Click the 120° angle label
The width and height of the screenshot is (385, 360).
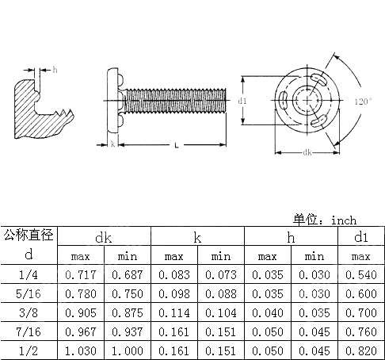pos(363,102)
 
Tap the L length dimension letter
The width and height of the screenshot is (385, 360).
pos(176,144)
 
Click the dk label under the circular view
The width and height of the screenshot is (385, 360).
pos(306,152)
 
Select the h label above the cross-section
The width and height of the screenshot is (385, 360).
pos(55,70)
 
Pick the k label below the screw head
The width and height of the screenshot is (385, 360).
pos(113,144)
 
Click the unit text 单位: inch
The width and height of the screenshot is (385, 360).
pos(325,220)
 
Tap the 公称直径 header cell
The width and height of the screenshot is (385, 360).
pos(29,235)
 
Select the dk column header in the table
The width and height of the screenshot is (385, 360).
pos(105,237)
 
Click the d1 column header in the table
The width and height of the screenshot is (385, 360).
pos(360,237)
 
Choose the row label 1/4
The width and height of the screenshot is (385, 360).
pos(29,274)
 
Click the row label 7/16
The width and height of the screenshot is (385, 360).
pos(29,331)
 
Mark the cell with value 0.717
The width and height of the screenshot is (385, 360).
pos(81,274)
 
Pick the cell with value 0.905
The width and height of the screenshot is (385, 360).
pos(81,312)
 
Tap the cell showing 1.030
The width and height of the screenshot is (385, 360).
pos(81,350)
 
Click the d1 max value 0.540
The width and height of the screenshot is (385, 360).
pos(360,274)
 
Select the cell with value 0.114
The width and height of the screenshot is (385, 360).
pos(174,312)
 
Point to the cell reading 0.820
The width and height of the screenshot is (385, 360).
pos(360,350)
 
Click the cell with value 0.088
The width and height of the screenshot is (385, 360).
pos(221,293)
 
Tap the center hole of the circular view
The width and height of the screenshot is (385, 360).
pos(305,101)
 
